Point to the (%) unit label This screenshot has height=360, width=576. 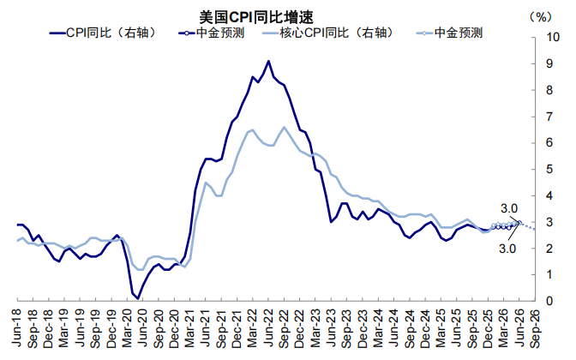click(541, 16)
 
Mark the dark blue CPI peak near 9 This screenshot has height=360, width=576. click(268, 62)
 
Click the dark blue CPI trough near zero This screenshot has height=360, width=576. click(137, 297)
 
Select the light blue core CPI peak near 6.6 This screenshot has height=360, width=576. click(284, 128)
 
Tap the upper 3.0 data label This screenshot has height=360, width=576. click(509, 208)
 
